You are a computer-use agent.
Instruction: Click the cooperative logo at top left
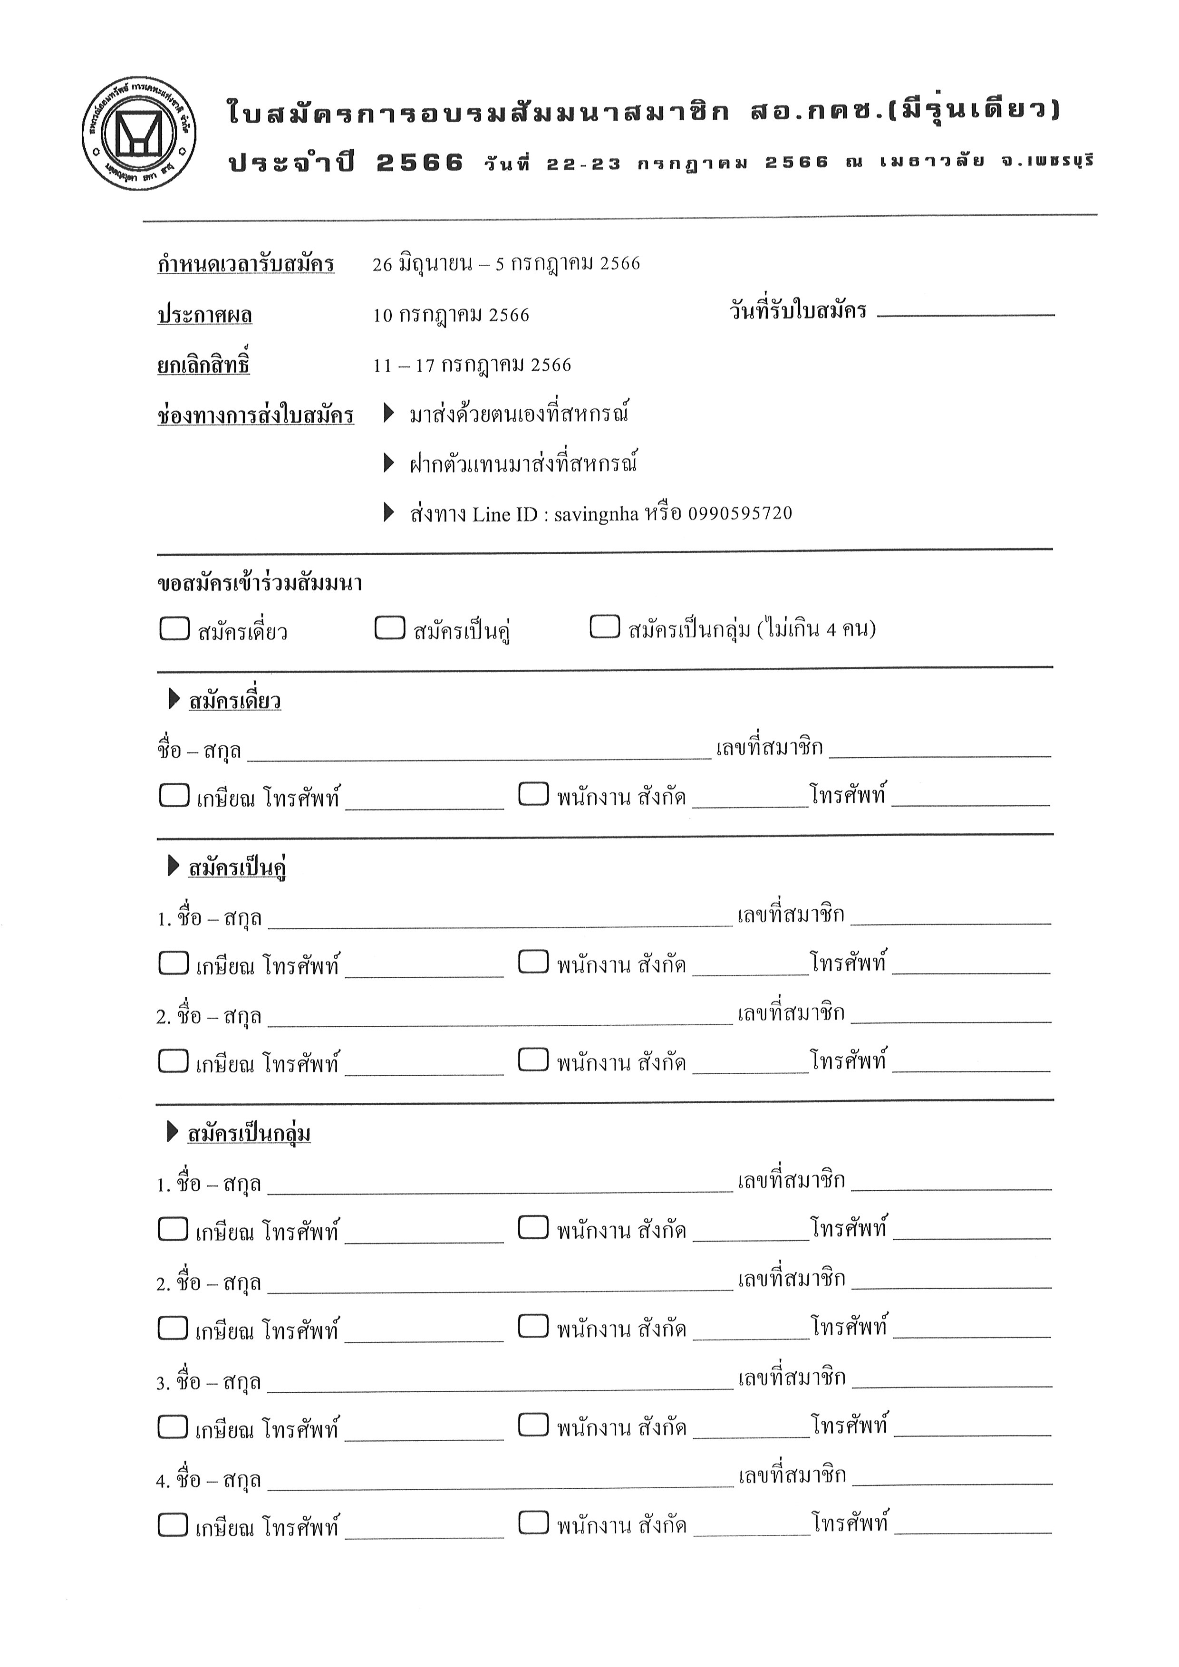click(139, 134)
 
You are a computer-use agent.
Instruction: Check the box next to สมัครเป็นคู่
click(390, 627)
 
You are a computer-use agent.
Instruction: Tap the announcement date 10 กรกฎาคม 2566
click(451, 315)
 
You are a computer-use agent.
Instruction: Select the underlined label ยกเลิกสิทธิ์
click(203, 365)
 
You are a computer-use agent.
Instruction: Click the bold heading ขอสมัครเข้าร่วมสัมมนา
click(259, 583)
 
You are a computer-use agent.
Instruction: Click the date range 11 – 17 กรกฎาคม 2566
click(472, 365)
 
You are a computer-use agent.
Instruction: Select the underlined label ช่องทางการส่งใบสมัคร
click(256, 415)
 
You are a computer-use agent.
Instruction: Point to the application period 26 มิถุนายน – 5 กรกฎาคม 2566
click(506, 263)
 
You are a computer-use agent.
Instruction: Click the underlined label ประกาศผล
click(205, 315)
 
